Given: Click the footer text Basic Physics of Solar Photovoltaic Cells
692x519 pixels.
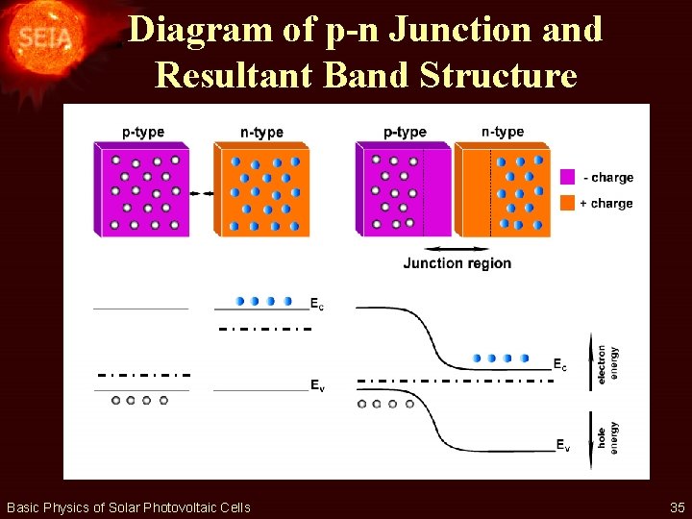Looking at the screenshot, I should pos(128,507).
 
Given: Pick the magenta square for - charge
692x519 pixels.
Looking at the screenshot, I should pos(567,178).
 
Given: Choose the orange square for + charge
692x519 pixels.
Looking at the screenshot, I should pos(567,203).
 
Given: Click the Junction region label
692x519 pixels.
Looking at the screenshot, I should pos(457,263).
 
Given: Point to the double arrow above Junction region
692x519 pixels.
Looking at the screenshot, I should pos(457,248).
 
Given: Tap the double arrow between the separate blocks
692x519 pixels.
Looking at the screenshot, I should pos(202,194).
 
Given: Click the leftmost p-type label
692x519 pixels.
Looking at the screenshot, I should pos(142,132).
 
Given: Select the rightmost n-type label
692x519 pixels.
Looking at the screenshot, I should pos(502,132).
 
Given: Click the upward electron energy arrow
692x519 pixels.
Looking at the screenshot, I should pos(589,360).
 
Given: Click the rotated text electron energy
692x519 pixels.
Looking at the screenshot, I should pos(607,363).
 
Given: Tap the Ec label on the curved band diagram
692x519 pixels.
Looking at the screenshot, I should pos(559,364).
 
